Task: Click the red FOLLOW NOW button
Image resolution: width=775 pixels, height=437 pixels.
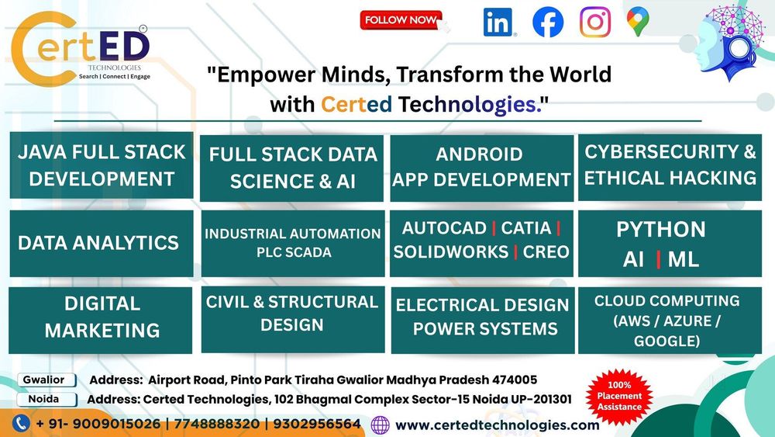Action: [x=401, y=20]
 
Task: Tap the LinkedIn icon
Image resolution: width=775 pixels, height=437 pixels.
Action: [x=498, y=22]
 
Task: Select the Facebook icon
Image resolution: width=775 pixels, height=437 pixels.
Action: [x=548, y=22]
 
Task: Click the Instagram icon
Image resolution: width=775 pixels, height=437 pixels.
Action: [x=595, y=22]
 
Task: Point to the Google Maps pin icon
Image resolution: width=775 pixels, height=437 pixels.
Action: [x=638, y=23]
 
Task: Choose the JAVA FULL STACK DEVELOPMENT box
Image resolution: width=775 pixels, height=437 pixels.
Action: [x=102, y=165]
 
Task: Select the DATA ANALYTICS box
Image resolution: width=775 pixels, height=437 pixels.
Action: [x=102, y=243]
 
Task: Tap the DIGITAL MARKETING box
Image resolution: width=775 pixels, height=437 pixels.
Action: [x=100, y=321]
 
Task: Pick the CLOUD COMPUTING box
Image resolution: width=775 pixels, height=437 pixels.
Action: [x=670, y=321]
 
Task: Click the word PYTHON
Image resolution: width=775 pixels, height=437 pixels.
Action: [x=661, y=230]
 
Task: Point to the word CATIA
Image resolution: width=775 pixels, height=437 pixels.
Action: [x=526, y=228]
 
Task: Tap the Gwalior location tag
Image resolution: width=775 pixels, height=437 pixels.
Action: [x=46, y=380]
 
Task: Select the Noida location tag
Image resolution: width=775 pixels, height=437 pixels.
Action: [x=46, y=400]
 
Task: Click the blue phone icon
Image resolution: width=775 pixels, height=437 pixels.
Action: [x=21, y=424]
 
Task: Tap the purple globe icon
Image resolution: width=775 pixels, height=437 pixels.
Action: [x=380, y=425]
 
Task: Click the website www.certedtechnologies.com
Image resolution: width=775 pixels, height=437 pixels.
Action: [x=498, y=425]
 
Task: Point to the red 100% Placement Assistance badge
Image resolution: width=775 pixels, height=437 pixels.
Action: [x=618, y=397]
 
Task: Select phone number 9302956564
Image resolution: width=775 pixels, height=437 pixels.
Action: [x=317, y=424]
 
